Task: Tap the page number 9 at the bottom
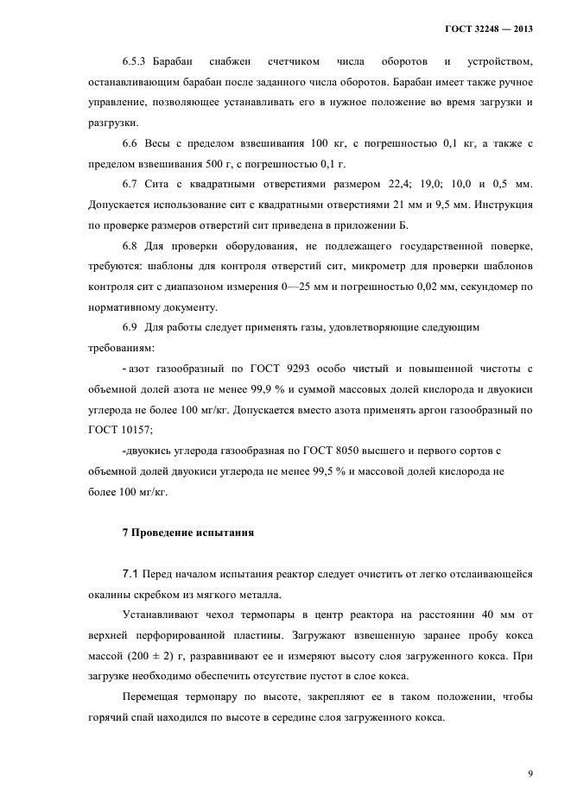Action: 530,773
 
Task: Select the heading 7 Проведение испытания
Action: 187,533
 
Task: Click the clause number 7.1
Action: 130,574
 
